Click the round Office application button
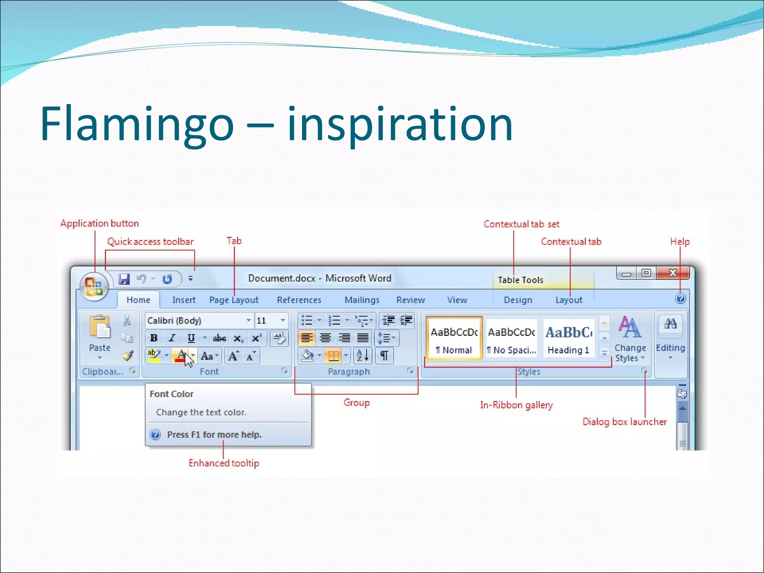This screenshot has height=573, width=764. tap(94, 286)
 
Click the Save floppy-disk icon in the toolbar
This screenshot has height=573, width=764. tap(124, 279)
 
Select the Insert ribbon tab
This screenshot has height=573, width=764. tap(184, 300)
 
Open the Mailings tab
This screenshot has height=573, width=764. tap(362, 300)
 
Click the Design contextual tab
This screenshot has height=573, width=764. tap(518, 300)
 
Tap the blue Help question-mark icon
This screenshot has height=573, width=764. tap(680, 298)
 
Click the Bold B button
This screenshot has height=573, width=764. tap(154, 338)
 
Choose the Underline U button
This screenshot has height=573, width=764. tap(191, 338)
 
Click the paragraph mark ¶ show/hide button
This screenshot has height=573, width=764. tap(384, 356)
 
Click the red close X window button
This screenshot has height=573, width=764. tap(673, 273)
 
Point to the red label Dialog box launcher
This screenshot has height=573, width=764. tap(624, 422)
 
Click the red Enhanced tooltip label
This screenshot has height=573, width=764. tap(223, 463)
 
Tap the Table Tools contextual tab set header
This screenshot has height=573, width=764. tap(520, 280)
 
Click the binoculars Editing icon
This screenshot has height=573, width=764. tap(670, 324)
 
